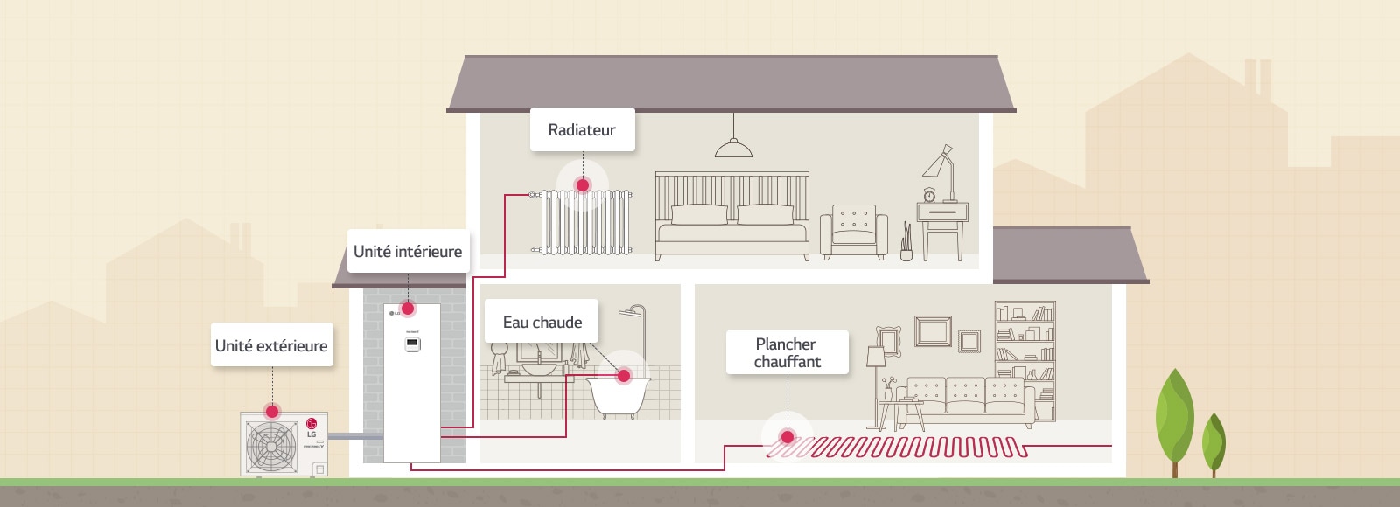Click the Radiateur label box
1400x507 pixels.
pos(582,130)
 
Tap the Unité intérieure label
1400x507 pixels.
pos(408,252)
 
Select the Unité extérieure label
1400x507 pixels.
pos(271,345)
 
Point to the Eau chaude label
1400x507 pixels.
pos(542,322)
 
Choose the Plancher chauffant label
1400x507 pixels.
pos(787,352)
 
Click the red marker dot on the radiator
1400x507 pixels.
pos(583,184)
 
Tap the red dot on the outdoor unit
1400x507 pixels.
pos(272,411)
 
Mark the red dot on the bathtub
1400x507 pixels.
pos(624,376)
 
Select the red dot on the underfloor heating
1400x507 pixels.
pos(787,436)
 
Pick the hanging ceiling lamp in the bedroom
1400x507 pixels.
pos(733,149)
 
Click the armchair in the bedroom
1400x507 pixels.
pos(853,232)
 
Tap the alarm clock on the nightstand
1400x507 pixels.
pos(929,194)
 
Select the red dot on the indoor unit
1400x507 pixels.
pos(408,309)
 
